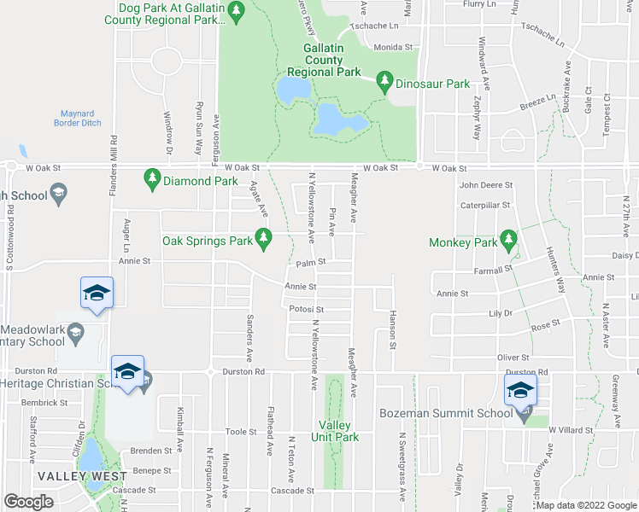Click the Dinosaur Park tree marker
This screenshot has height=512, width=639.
click(385, 81)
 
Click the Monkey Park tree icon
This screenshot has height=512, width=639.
click(509, 238)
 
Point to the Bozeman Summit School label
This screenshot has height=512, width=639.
click(446, 413)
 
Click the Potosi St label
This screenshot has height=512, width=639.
click(307, 310)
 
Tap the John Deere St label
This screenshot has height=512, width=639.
click(485, 184)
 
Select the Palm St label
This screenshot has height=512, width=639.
click(306, 264)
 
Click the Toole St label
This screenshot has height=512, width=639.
click(240, 433)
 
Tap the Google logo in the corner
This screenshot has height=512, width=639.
click(28, 502)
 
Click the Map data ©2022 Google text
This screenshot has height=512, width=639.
click(586, 506)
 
